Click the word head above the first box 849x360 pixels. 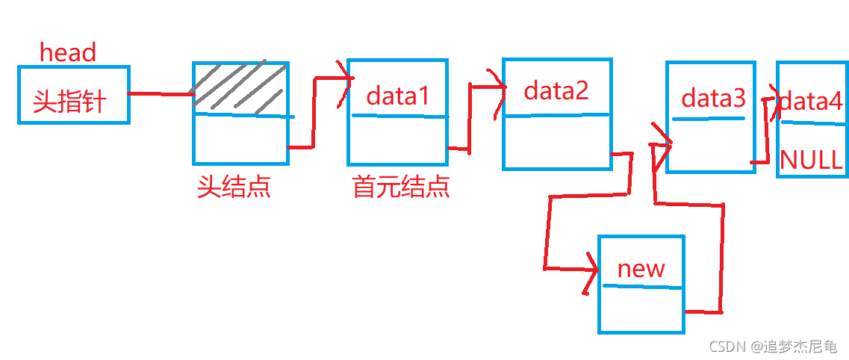point(68,52)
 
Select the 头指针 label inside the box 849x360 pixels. point(69,102)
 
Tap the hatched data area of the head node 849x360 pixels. point(240,88)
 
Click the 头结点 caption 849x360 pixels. point(234,187)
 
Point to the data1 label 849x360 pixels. point(399,96)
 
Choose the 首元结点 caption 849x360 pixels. point(401,187)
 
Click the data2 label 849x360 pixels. point(556,90)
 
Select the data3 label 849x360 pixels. point(714,98)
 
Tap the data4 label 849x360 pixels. point(811,101)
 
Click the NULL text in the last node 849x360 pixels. point(812,159)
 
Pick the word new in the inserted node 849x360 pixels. point(641,268)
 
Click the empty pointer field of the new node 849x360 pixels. point(641,309)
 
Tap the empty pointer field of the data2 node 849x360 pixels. point(556,141)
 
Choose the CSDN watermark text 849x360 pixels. point(773,346)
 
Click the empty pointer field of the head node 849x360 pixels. point(240,140)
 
